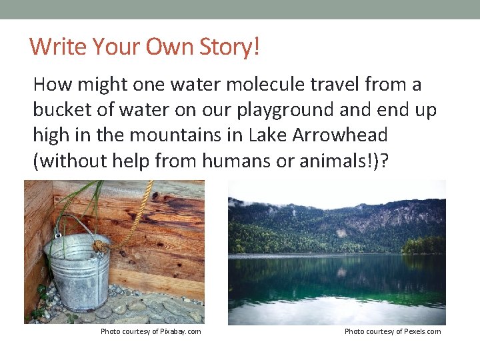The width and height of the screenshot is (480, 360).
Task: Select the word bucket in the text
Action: click(61, 110)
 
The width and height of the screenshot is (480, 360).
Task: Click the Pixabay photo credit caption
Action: click(151, 331)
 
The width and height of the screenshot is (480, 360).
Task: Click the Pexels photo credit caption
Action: click(392, 331)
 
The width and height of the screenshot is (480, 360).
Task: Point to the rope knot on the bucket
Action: click(100, 247)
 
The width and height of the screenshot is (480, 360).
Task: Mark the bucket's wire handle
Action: click(73, 223)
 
